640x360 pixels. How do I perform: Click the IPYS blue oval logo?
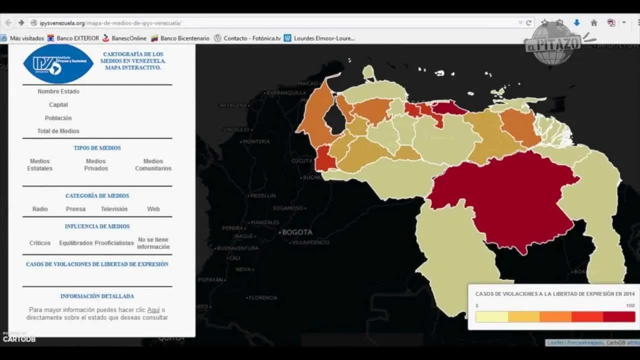(x=58, y=63)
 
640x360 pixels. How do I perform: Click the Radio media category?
(x=40, y=209)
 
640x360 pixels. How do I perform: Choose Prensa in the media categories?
(x=75, y=209)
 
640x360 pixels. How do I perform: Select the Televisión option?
(x=114, y=209)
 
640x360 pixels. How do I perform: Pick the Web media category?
(x=153, y=209)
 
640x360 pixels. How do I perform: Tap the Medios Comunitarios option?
(x=153, y=165)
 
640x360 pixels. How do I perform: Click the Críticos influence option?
(x=40, y=243)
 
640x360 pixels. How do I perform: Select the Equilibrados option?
(x=75, y=243)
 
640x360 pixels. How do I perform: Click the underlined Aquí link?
(x=153, y=310)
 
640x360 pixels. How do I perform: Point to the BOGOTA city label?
(x=297, y=232)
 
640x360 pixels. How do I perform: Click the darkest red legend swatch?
(x=619, y=317)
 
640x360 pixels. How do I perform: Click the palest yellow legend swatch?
(x=491, y=317)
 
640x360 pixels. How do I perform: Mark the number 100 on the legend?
(x=630, y=305)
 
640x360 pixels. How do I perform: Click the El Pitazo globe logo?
(x=552, y=43)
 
